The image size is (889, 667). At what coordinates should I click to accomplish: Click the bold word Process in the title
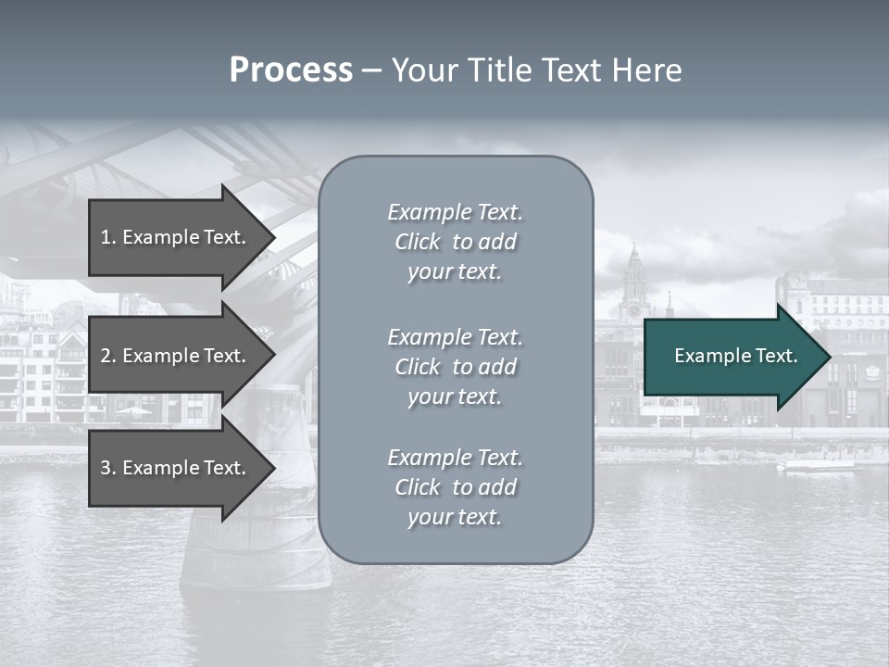[x=291, y=70]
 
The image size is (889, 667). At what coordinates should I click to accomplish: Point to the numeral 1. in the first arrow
[x=108, y=237]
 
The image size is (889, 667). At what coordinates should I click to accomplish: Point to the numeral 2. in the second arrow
[x=108, y=356]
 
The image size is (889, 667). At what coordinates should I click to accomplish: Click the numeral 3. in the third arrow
[x=108, y=468]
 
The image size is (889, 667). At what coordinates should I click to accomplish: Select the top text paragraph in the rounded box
[x=455, y=242]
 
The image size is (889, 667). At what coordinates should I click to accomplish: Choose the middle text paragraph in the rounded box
[x=455, y=367]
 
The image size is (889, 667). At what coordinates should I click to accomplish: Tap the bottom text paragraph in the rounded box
[x=455, y=487]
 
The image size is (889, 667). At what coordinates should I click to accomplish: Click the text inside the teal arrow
[x=736, y=356]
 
